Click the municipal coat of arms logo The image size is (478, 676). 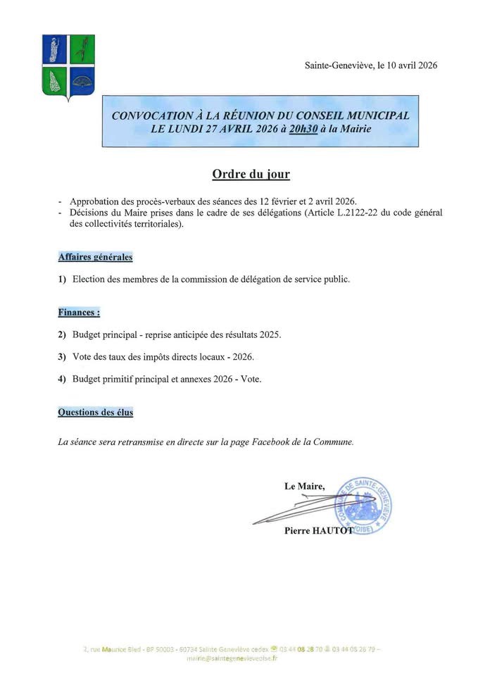click(68, 68)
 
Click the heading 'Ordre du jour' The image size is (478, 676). click(241, 173)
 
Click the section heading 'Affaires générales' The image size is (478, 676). click(95, 257)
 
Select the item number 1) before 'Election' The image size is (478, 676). click(62, 279)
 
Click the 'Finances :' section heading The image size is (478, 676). click(79, 312)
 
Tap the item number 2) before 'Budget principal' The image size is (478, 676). click(62, 334)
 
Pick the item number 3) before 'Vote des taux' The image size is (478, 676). click(62, 356)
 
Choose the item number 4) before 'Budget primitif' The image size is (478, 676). click(62, 379)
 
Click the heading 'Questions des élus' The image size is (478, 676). click(95, 412)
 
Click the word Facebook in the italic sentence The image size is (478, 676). click(263, 442)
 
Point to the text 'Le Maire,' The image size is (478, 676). click(305, 486)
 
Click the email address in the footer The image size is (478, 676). click(232, 658)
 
